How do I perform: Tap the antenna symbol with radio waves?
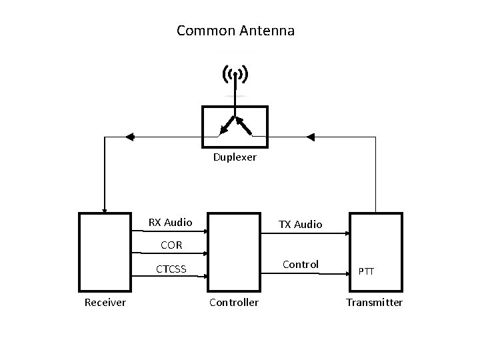(x=235, y=75)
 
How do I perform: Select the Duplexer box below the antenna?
(x=235, y=127)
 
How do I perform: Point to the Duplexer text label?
(x=235, y=158)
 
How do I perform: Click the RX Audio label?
(x=170, y=222)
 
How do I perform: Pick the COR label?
(x=170, y=245)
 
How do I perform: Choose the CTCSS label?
(x=171, y=269)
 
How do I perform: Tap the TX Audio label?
(x=300, y=225)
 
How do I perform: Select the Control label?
(x=301, y=264)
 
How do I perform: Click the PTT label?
(x=366, y=271)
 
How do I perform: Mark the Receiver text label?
(x=105, y=303)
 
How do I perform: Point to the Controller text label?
(x=234, y=303)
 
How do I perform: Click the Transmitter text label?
(x=374, y=303)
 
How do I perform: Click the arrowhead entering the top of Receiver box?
(x=104, y=209)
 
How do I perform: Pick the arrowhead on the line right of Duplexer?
(x=310, y=137)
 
